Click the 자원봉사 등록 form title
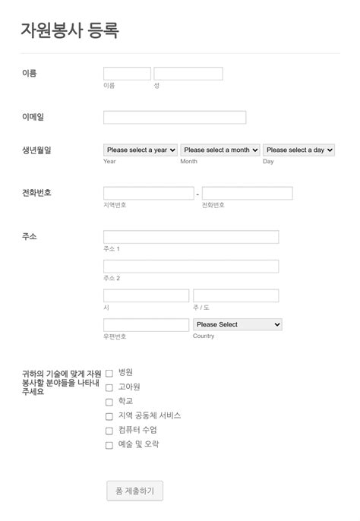click(x=70, y=30)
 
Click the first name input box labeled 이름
click(x=127, y=74)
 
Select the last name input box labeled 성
click(x=188, y=74)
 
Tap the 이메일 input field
click(x=175, y=118)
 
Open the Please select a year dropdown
click(x=141, y=150)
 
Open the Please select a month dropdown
click(x=220, y=150)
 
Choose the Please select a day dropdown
click(x=298, y=150)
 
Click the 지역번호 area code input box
click(x=148, y=194)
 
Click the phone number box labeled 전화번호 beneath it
click(x=247, y=194)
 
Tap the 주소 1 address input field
click(x=191, y=237)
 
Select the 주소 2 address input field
click(x=191, y=267)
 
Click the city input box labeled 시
click(x=146, y=295)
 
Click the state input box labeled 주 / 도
click(x=235, y=295)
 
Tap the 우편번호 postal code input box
click(x=146, y=325)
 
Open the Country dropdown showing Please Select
click(x=238, y=324)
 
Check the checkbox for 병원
click(x=109, y=373)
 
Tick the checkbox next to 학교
click(x=109, y=402)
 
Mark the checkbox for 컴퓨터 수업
click(x=109, y=431)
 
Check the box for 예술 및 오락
click(x=109, y=445)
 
